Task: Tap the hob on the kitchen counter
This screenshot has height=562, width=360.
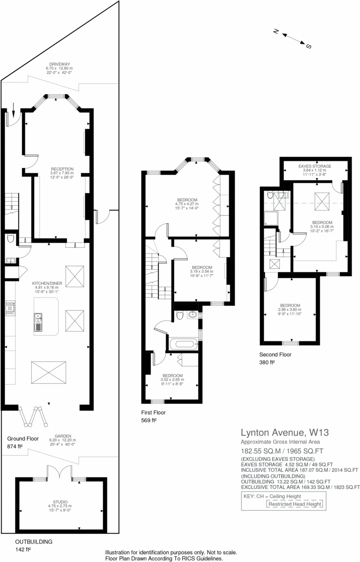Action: (x=10, y=308)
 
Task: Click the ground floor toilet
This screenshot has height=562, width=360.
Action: (x=11, y=239)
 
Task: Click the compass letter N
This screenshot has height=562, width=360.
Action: (x=277, y=31)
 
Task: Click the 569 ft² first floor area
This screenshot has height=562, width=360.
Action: (x=149, y=420)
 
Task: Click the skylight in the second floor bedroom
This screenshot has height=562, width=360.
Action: (x=319, y=199)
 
